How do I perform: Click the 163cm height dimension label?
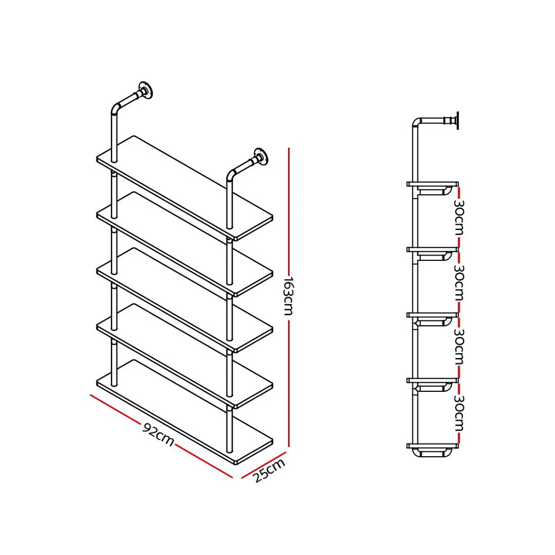[287, 296]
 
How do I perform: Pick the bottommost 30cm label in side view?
[458, 413]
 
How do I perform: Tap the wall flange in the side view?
[456, 120]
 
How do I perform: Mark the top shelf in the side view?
[433, 183]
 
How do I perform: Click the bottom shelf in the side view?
[433, 446]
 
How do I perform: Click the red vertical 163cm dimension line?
[289, 222]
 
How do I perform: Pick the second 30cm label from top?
[458, 282]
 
